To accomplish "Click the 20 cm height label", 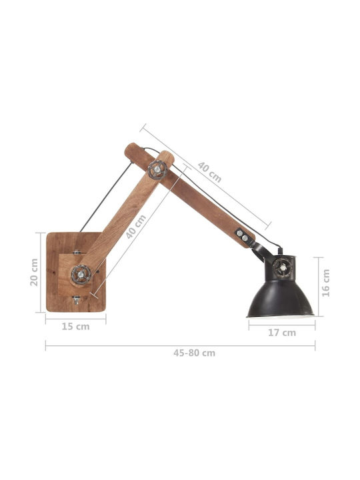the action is pos(34,272).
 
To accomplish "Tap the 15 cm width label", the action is pos(75,326).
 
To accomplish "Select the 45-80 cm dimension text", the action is pos(195,353).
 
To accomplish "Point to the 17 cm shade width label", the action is pos(282,333).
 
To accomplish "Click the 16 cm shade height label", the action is pos(326,283).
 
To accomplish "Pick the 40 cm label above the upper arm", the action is pos(209,172).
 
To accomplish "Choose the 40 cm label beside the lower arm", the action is pos(136,227).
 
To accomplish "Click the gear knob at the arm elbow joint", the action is pos(157,169).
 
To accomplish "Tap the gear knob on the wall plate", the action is pos(81,274).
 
